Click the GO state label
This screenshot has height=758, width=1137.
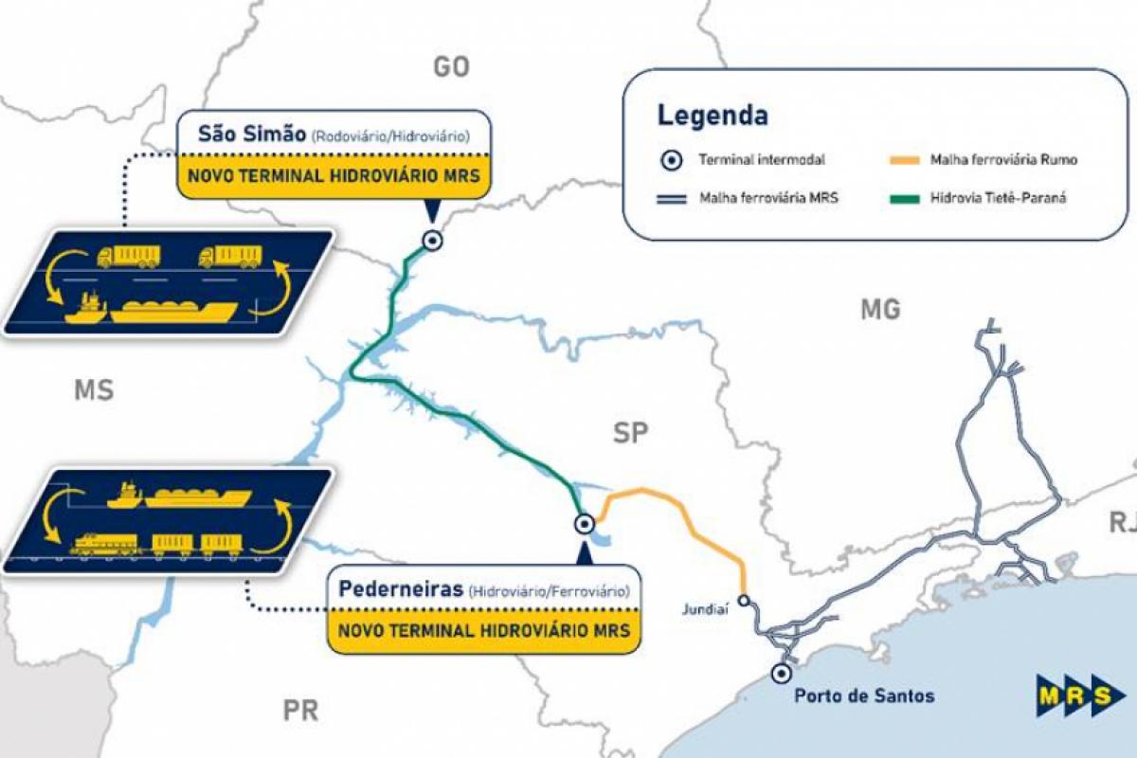coord(451,66)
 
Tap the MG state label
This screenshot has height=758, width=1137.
coord(880,309)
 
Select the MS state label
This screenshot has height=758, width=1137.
coord(93,390)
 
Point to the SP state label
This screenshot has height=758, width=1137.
coord(630,434)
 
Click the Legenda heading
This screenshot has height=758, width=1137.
coord(713,117)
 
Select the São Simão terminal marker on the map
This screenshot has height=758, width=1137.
coord(432,241)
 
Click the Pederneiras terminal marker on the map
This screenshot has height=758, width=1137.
coord(585,522)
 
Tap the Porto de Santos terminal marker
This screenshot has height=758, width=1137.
coord(781,674)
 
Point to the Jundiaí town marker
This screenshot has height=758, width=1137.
coord(744,599)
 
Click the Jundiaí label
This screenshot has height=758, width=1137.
coord(706,609)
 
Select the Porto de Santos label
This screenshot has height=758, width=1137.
coord(864,696)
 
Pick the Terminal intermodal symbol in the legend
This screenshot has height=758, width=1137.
coord(671,160)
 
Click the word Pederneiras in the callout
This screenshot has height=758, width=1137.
coord(401,589)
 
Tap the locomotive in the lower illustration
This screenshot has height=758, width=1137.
coord(105,542)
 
